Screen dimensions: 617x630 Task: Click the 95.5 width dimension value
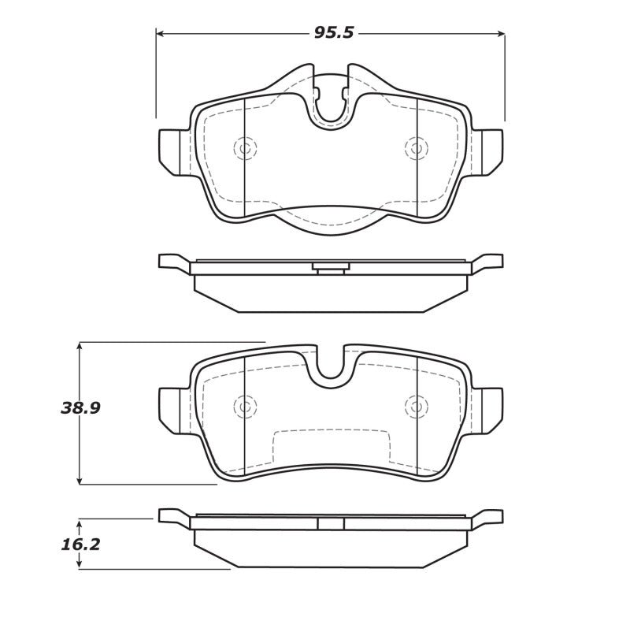tap(334, 33)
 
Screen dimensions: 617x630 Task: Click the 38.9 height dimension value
tap(80, 408)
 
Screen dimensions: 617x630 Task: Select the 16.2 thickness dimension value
tap(80, 544)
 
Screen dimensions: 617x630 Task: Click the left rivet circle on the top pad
tap(245, 148)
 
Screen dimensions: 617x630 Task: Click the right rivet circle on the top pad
tap(416, 148)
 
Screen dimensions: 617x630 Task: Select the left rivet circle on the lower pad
tap(245, 406)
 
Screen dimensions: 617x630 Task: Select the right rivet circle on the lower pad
tap(416, 406)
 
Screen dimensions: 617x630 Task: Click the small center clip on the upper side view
tap(331, 268)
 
